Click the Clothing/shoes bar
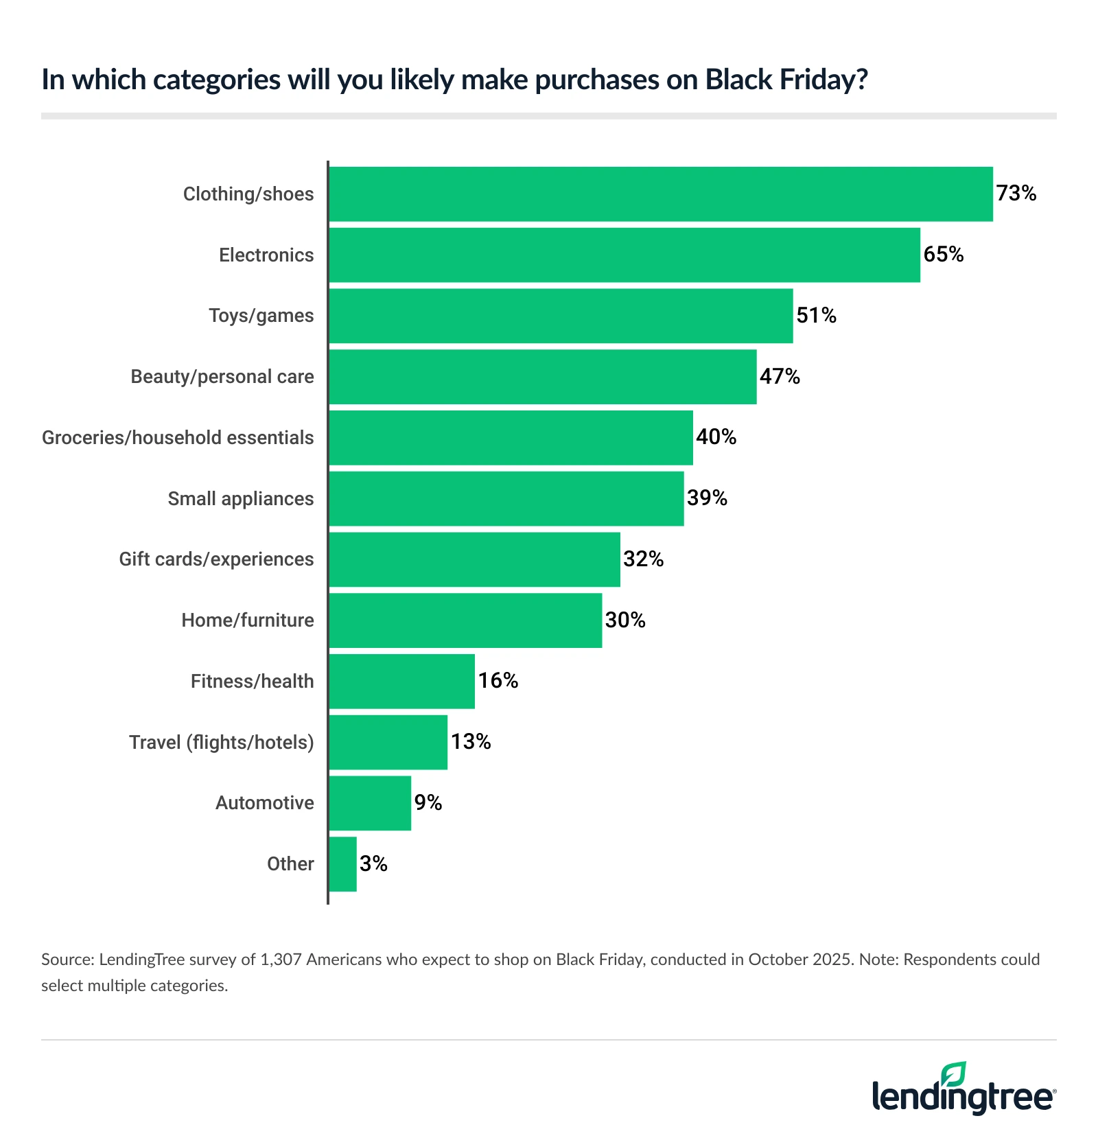[x=660, y=194]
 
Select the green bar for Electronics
[x=624, y=255]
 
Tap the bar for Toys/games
[x=561, y=316]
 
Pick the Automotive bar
[x=370, y=803]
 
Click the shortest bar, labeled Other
[x=342, y=864]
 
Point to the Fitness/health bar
[x=401, y=682]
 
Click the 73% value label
[x=1016, y=194]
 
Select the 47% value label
[x=780, y=376]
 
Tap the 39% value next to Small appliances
[x=707, y=498]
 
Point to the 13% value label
[x=471, y=742]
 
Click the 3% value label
[x=373, y=864]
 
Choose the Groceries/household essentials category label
[x=178, y=438]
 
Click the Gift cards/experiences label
[x=216, y=559]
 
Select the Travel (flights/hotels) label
[x=221, y=743]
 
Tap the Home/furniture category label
[x=248, y=620]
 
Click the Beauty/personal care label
[x=222, y=377]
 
